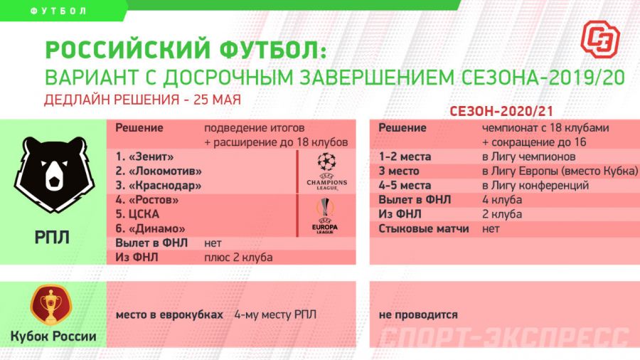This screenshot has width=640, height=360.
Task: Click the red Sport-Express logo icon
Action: coord(600,38)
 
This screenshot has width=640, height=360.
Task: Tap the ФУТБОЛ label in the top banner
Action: coord(60,11)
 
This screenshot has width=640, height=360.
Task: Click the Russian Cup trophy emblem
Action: coord(52,305)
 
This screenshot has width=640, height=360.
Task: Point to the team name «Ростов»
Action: coord(151,200)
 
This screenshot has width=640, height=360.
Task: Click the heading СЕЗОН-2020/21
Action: coord(502,112)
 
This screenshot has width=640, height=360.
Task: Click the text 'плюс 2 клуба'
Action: coord(238,257)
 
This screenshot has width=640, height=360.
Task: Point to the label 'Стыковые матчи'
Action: coord(423,228)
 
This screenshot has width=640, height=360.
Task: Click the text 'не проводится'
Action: coord(418,314)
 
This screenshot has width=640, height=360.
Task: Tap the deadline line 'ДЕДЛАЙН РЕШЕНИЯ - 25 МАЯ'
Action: coord(142,99)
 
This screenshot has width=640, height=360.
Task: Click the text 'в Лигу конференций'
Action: coord(535,186)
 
